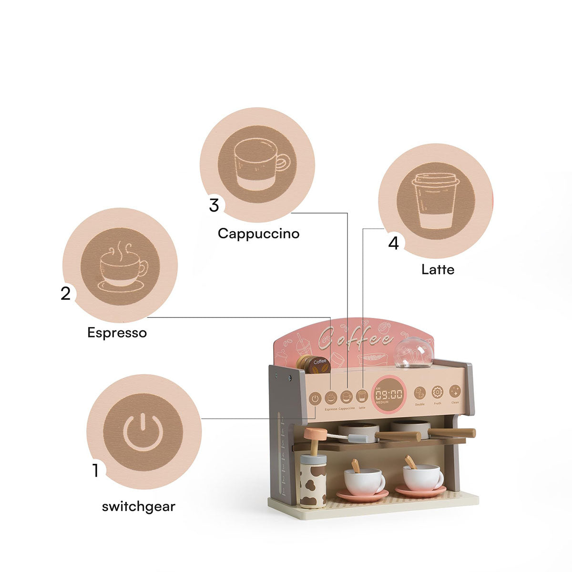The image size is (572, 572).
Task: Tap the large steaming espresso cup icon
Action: tap(120, 266)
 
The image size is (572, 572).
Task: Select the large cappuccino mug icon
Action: tap(257, 165)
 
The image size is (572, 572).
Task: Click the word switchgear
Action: tap(139, 506)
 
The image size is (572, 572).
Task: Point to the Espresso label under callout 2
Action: tap(117, 332)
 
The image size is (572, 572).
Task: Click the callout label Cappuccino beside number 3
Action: tap(259, 234)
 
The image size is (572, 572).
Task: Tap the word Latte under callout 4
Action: tap(438, 270)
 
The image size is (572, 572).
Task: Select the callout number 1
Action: tap(96, 470)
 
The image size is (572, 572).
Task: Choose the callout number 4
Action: tap(393, 243)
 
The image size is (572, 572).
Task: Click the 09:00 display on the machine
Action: tap(388, 394)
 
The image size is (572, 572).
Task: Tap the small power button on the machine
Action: tap(315, 398)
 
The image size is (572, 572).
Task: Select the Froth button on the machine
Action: tap(437, 392)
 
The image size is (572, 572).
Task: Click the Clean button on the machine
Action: tap(455, 392)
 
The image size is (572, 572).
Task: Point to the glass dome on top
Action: tap(413, 353)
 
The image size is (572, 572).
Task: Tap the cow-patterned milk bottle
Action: tap(313, 481)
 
